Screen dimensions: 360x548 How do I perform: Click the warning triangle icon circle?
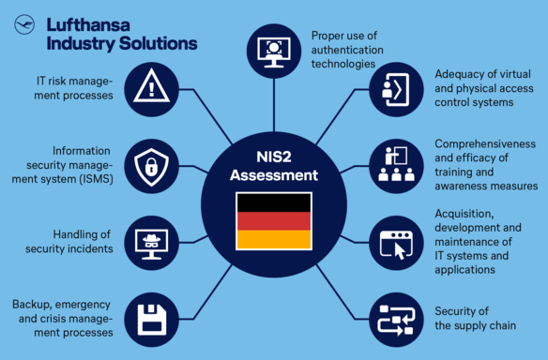tap(151, 88)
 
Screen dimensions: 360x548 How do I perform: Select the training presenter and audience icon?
tap(393, 165)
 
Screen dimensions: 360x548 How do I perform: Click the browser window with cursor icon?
tap(393, 243)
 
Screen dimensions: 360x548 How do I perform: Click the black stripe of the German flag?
tap(273, 202)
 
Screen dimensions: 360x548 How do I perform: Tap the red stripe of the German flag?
tap(273, 220)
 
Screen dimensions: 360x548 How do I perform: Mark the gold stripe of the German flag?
tap(273, 239)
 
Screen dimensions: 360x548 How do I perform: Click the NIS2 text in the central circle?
tap(273, 156)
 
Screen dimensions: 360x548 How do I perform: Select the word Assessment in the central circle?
tap(273, 174)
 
